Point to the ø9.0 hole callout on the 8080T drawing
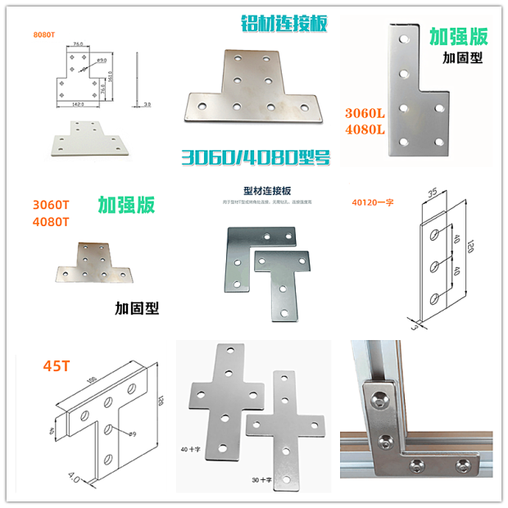[x=104, y=60]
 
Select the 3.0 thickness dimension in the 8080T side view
[x=146, y=105]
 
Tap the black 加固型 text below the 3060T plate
[x=137, y=309]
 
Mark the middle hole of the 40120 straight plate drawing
[x=437, y=264]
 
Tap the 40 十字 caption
[x=190, y=450]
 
